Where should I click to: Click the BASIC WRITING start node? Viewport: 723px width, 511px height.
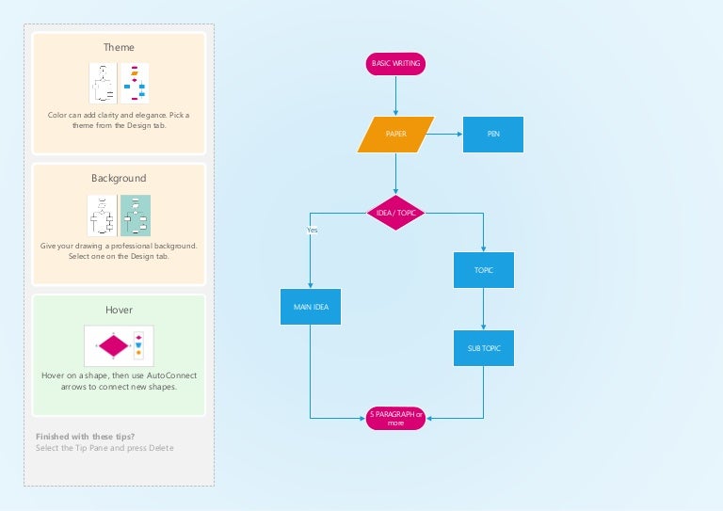coord(395,63)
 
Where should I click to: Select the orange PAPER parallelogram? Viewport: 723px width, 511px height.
coord(395,135)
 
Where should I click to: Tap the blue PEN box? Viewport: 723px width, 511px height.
coord(492,135)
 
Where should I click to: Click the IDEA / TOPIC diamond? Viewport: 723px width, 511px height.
coord(395,213)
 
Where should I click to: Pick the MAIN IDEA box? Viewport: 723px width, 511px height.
coord(311,306)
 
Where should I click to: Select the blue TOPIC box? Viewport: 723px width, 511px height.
coord(483,270)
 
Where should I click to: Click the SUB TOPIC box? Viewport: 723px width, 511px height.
coord(483,348)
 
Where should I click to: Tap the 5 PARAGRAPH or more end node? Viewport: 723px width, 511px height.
coord(395,418)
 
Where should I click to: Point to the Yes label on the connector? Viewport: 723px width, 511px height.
coord(312,230)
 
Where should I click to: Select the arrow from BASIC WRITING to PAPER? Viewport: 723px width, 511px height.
coord(395,95)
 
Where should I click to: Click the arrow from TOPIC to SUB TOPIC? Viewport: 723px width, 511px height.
coord(483,309)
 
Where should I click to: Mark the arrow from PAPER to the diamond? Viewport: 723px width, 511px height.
coord(395,174)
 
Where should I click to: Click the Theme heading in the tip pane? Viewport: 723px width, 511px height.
coord(119,47)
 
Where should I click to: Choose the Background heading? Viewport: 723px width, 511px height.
coord(119,178)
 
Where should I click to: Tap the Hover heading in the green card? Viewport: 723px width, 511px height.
coord(119,309)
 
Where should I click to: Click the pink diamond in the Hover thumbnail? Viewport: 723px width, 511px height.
coord(113,345)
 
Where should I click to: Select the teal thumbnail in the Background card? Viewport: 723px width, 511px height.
coord(136,216)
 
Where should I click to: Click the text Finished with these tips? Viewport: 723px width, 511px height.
coord(85,436)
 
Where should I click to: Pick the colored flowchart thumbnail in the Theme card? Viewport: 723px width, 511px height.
coord(135,84)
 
